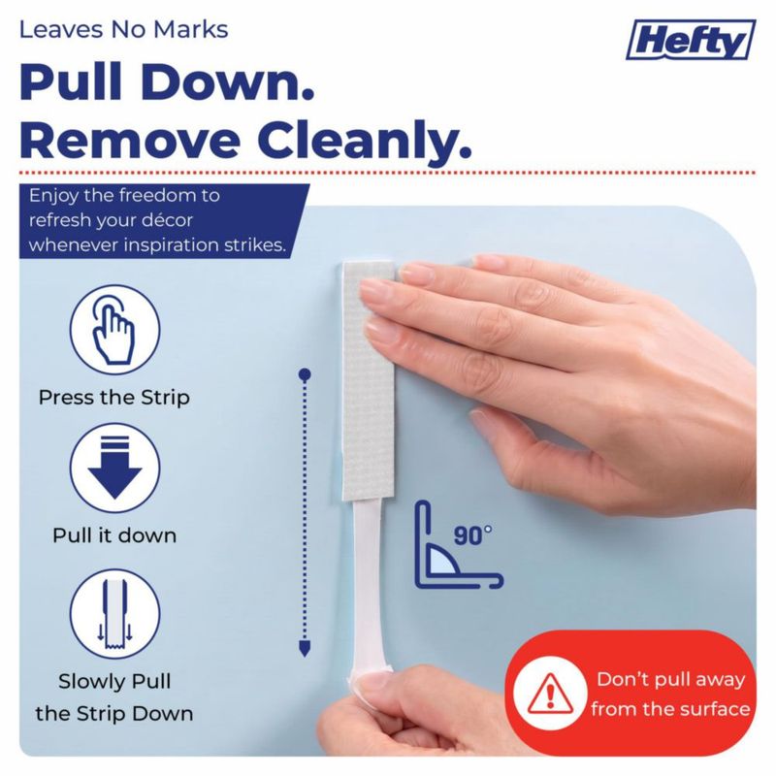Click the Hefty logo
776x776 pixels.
691,40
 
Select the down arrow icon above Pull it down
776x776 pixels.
114,468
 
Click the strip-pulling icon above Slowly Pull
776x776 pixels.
114,614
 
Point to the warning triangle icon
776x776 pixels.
550,694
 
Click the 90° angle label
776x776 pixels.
472,535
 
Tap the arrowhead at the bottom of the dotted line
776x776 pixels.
305,648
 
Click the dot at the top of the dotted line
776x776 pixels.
305,374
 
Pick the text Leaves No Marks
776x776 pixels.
124,30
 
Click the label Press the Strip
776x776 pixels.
114,398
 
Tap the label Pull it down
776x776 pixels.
114,535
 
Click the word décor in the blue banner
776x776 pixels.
165,220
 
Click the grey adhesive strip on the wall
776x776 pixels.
369,380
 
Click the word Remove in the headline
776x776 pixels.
130,141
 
